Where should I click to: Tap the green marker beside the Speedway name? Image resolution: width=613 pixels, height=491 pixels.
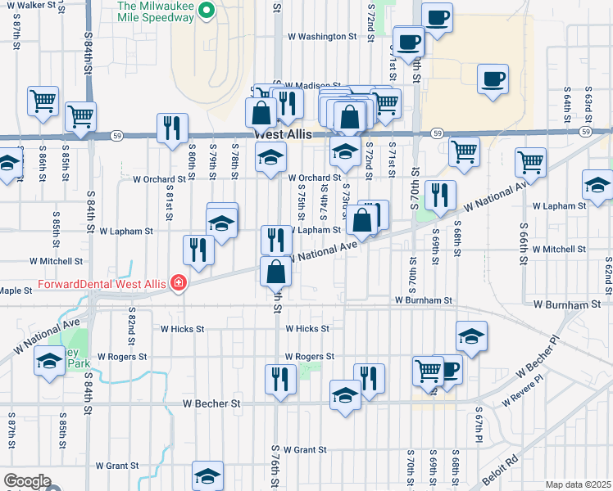point(207,11)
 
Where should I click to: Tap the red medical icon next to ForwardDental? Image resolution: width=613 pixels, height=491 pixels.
point(178,283)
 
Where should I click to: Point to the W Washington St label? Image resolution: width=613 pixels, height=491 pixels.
point(322,37)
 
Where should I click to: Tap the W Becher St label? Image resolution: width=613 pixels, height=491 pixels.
point(211,403)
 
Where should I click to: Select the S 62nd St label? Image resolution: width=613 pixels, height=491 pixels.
point(608,276)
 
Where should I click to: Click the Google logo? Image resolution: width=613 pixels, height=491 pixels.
point(27,481)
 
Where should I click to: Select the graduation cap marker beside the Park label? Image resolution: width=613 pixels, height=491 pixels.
point(49,360)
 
